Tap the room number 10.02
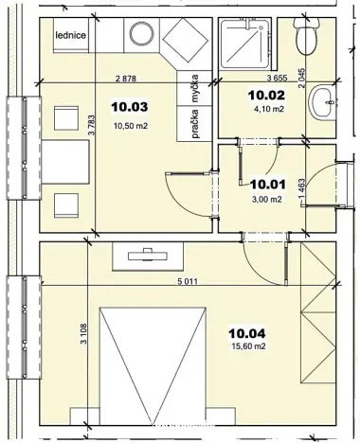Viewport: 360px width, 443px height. [x=266, y=95]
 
